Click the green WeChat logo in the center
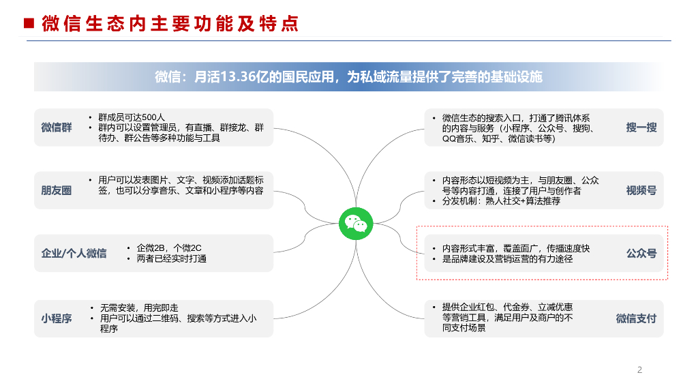pos(356,224)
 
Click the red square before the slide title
pos(29,23)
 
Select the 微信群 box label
pos(57,127)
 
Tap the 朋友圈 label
pos(57,190)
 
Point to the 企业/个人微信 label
pos(74,254)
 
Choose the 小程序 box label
pos(57,319)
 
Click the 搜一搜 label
pos(641,127)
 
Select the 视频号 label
pos(641,190)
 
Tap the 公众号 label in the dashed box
pos(641,254)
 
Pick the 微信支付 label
pos(636,319)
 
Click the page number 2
pos(639,370)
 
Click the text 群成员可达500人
pos(132,117)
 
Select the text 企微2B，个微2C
pos(169,248)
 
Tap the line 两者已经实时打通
pos(171,258)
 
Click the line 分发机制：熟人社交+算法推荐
pos(501,201)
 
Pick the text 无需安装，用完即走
pos(139,308)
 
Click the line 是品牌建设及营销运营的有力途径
pos(507,259)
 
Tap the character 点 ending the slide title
pos(290,24)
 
